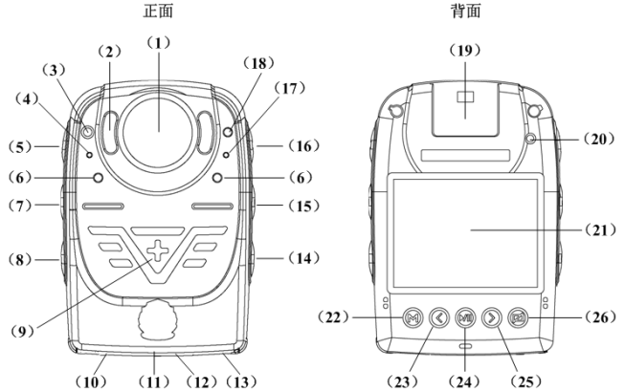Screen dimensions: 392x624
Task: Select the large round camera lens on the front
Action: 158,130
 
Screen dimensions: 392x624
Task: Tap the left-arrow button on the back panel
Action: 439,316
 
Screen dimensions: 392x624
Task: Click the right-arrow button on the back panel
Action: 493,316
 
